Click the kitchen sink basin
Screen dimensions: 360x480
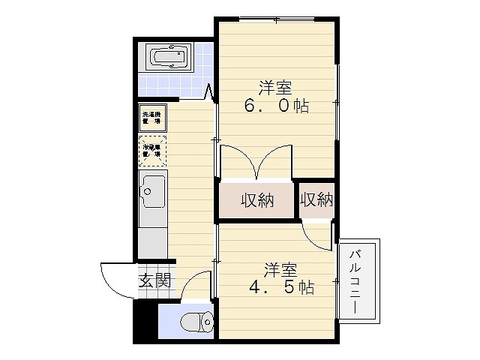click(x=154, y=193)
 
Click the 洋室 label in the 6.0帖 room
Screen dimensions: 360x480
click(x=276, y=85)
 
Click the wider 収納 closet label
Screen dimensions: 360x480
click(x=256, y=200)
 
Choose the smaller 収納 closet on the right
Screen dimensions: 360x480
click(x=316, y=199)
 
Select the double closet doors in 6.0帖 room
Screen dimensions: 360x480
click(x=256, y=161)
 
